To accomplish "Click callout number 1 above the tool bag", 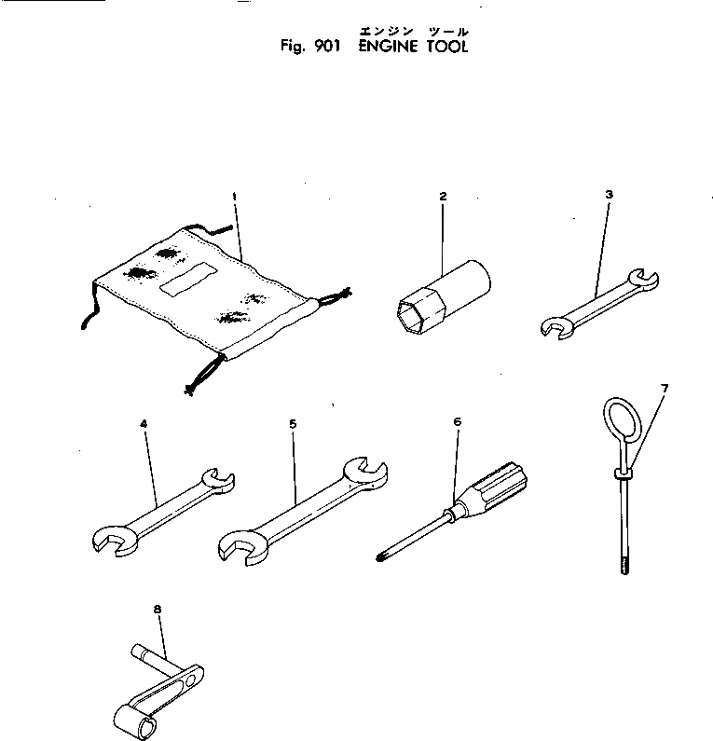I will pyautogui.click(x=234, y=197).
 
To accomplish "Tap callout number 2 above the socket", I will pyautogui.click(x=443, y=197).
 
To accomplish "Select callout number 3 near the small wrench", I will pyautogui.click(x=609, y=195).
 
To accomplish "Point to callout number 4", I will pyautogui.click(x=144, y=424).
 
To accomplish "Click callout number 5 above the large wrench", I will pyautogui.click(x=293, y=424).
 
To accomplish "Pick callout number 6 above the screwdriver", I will pyautogui.click(x=457, y=421).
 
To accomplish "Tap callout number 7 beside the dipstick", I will pyautogui.click(x=664, y=386).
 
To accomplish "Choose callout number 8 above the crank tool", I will pyautogui.click(x=157, y=611).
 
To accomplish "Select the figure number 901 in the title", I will pyautogui.click(x=324, y=47).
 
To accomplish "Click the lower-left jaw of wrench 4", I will pyautogui.click(x=113, y=540).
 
